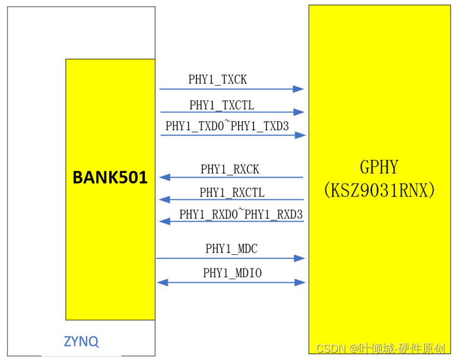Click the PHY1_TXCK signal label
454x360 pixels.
point(217,80)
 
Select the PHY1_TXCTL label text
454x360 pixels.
point(221,105)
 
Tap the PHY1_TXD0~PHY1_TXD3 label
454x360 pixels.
point(227,126)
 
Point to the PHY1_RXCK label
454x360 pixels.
point(230,169)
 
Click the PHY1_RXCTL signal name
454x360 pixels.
point(231,192)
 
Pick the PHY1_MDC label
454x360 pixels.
point(231,249)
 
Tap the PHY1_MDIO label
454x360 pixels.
point(232,273)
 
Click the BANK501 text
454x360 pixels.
point(110,178)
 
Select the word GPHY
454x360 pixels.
point(379,166)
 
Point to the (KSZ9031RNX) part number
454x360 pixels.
point(379,190)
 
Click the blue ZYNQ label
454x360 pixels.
point(81,342)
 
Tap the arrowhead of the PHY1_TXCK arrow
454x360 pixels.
point(299,89)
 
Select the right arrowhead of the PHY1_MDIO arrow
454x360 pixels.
point(300,282)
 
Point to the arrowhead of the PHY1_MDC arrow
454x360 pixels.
point(300,258)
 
